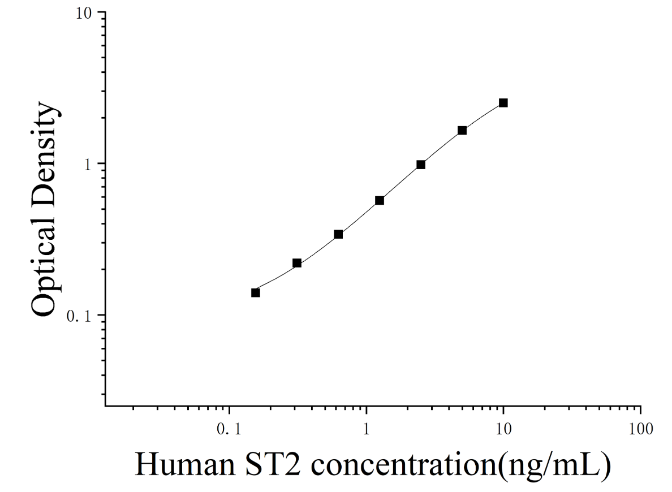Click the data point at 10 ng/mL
pos(503,103)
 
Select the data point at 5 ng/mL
pos(462,130)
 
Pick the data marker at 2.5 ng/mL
pos(421,165)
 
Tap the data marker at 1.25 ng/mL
pos(380,200)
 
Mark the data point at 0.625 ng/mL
pos(338,234)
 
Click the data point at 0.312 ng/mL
pos(296,263)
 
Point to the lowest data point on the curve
pos(256,293)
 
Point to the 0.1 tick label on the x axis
pos(229,429)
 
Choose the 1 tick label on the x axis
pos(367,429)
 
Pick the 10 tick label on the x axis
pos(503,429)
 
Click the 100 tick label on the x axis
pos(641,429)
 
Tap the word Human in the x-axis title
pos(185,464)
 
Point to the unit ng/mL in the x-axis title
pos(557,465)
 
